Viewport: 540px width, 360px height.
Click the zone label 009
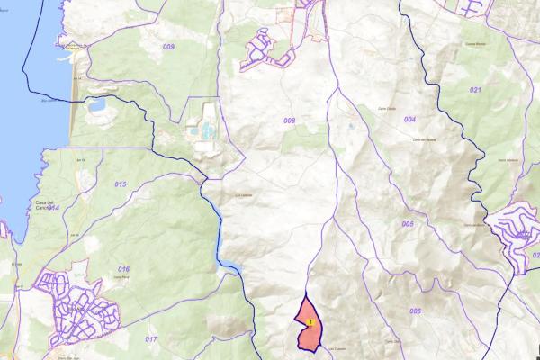tap(169, 45)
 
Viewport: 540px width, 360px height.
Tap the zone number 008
tap(289, 120)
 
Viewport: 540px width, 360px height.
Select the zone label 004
tap(409, 119)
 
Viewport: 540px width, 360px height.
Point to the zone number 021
tap(475, 91)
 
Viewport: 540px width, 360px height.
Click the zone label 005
tap(408, 223)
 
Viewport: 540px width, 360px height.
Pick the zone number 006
tap(415, 310)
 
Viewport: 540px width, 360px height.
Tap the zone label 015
tap(121, 184)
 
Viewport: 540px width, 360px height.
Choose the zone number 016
tap(123, 269)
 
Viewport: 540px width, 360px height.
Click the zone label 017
tap(150, 338)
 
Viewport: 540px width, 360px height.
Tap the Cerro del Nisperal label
tap(424, 139)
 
